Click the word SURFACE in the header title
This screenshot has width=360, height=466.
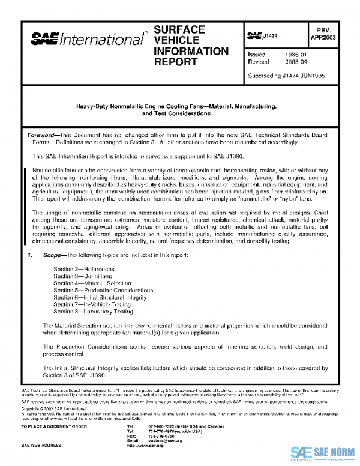(x=179, y=29)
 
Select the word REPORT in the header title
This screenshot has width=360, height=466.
(x=176, y=62)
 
